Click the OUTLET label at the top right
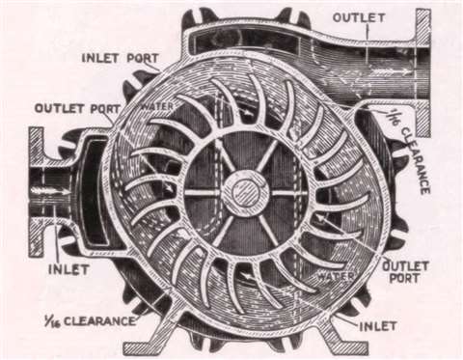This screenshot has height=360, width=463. click(360, 18)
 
